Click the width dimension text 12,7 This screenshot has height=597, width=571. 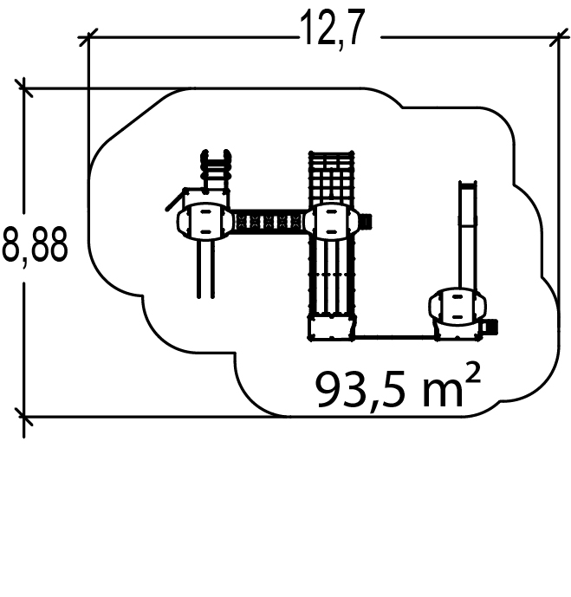(x=332, y=29)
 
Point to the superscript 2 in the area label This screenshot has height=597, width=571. (x=472, y=373)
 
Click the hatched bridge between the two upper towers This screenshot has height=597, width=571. (x=269, y=221)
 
